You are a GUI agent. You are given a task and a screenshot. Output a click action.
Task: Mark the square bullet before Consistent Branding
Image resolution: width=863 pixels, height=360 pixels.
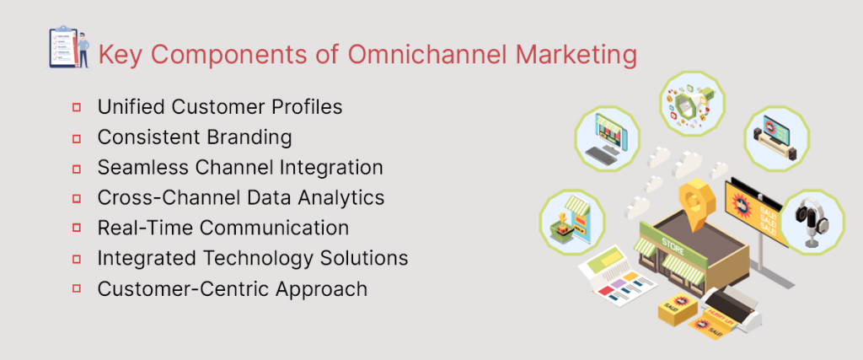click(x=77, y=137)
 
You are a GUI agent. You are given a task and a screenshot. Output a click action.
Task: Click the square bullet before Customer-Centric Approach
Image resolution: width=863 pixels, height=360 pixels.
click(x=77, y=289)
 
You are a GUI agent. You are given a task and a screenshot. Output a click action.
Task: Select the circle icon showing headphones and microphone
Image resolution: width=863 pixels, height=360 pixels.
click(x=810, y=221)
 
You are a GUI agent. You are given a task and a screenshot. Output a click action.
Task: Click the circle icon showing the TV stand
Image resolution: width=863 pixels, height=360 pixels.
click(x=776, y=137)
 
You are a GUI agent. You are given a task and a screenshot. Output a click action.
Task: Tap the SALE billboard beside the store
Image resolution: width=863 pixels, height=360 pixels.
click(x=758, y=211)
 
